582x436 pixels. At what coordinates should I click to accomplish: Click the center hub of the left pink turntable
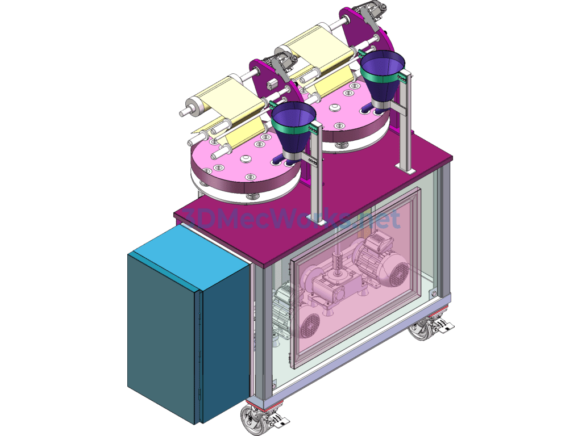[x=246, y=160]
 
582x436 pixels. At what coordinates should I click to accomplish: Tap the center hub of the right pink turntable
[x=334, y=107]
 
